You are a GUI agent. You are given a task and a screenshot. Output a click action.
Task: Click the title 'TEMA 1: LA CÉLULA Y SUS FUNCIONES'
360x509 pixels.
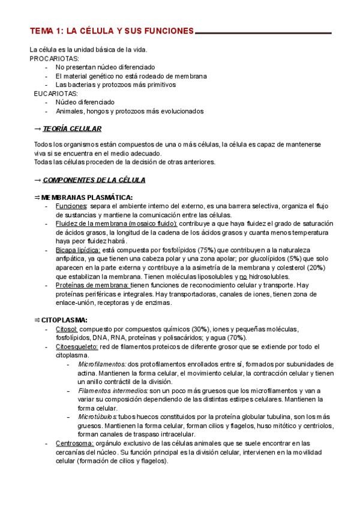point(112,31)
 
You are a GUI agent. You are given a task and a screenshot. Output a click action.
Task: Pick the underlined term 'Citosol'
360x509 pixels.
point(66,330)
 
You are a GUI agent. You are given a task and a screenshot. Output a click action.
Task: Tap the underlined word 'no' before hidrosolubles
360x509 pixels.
point(243,277)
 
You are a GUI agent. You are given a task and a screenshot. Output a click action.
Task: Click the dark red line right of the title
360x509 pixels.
point(264,32)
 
